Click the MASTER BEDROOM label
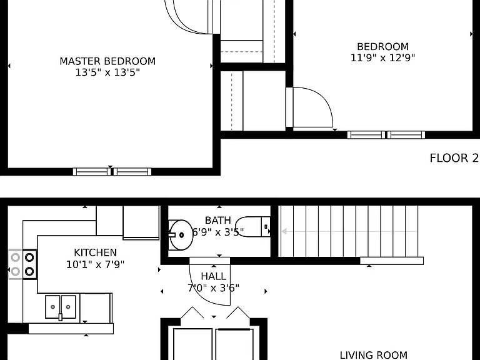[x=107, y=61]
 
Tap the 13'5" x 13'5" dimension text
[x=107, y=72]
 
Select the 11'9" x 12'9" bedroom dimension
[x=382, y=58]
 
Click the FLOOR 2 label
[x=454, y=158]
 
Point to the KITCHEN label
[x=95, y=252]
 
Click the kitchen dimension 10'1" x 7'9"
[x=95, y=264]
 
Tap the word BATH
[x=217, y=221]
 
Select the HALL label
[x=213, y=276]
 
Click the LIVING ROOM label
[x=374, y=355]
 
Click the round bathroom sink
[x=181, y=235]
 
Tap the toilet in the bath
[x=253, y=227]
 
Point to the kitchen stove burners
[x=22, y=264]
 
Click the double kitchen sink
[x=60, y=307]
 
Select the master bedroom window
[x=112, y=172]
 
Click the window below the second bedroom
[x=386, y=135]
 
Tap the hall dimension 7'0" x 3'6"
[x=213, y=288]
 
